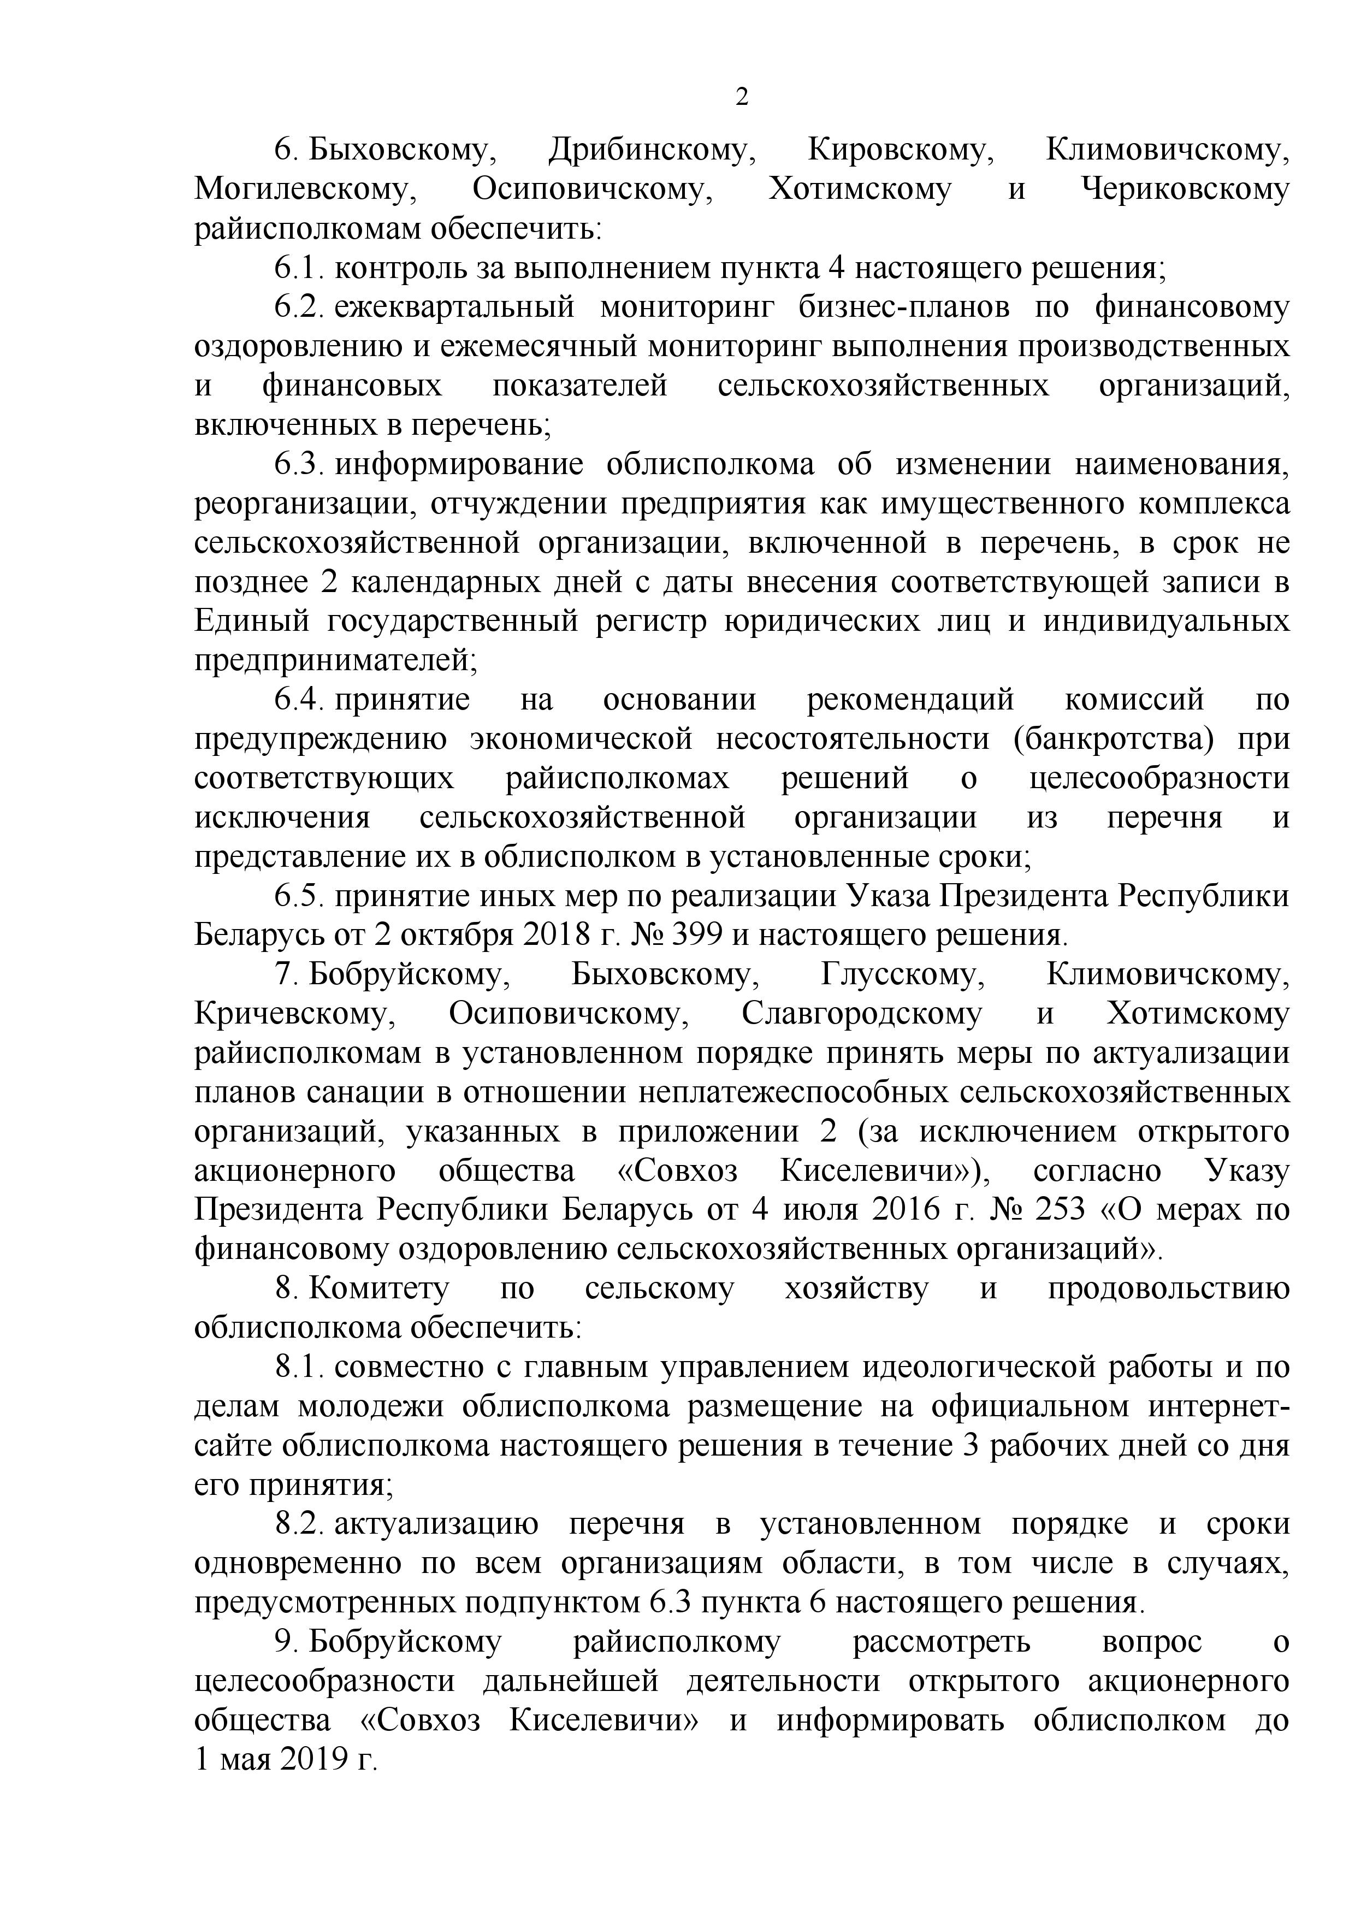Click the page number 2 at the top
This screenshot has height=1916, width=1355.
(x=741, y=98)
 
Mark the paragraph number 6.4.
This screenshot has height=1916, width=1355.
(x=298, y=699)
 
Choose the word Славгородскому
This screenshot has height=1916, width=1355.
(x=862, y=1013)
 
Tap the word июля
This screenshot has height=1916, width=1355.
(x=819, y=1209)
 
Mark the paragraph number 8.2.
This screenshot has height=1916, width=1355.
(x=298, y=1524)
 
